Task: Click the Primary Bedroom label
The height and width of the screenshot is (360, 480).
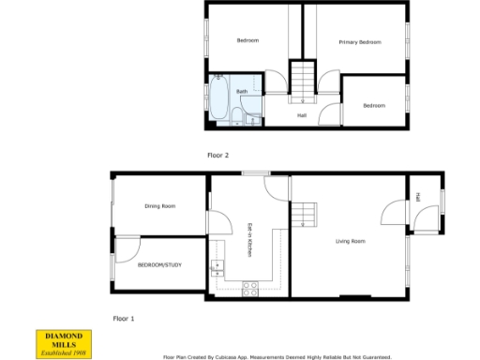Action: (x=360, y=42)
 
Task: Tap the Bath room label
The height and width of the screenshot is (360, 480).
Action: (x=241, y=91)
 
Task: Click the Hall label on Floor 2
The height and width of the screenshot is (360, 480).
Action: (x=302, y=115)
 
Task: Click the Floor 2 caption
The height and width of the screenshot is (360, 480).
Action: (x=218, y=155)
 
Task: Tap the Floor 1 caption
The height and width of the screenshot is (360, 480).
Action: (x=124, y=319)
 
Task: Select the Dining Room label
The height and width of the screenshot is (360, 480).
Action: (x=159, y=205)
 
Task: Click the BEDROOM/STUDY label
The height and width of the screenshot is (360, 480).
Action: (x=159, y=265)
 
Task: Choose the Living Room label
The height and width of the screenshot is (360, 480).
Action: (x=351, y=241)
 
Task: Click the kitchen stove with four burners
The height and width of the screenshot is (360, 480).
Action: (x=250, y=289)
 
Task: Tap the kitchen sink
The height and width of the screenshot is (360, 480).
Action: (x=217, y=266)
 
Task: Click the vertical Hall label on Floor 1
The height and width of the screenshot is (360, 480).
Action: (x=416, y=196)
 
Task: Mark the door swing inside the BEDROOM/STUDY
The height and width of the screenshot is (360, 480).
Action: (x=129, y=249)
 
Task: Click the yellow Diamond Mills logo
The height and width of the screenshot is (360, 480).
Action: (x=65, y=343)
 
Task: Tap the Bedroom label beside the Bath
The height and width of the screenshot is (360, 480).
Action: (x=247, y=40)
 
